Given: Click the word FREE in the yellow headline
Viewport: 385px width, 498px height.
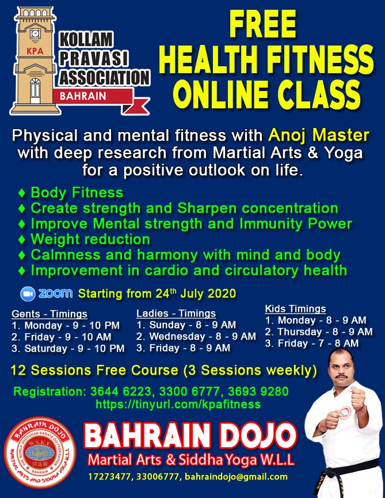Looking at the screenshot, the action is click(x=262, y=24).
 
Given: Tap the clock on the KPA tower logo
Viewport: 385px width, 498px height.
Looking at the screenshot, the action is click(x=35, y=33).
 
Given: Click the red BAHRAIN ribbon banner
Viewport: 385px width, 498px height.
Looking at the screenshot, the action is click(x=95, y=97).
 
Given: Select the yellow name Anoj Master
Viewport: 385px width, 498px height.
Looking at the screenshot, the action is click(x=319, y=135).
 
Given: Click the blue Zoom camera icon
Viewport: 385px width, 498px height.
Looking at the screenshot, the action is click(x=28, y=294).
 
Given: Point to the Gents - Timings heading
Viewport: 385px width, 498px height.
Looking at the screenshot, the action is click(x=49, y=314).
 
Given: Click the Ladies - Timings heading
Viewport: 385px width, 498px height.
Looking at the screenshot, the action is click(x=176, y=313).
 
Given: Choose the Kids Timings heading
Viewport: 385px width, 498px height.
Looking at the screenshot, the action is click(x=296, y=309).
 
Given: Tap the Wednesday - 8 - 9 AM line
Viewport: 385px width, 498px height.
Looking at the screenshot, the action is click(x=196, y=337).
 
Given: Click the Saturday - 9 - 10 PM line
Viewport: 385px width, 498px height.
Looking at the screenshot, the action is click(x=68, y=348).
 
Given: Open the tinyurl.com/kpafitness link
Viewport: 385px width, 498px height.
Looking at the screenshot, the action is click(x=178, y=404).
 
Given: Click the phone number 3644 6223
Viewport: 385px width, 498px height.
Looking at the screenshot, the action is click(x=120, y=391).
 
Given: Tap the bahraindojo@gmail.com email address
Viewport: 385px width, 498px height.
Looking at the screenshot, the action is click(x=237, y=477).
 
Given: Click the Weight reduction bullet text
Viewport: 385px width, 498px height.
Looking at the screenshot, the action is click(x=90, y=239).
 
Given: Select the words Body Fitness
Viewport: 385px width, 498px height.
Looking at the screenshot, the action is click(x=77, y=193).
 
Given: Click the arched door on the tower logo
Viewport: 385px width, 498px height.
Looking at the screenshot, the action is click(x=35, y=90).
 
